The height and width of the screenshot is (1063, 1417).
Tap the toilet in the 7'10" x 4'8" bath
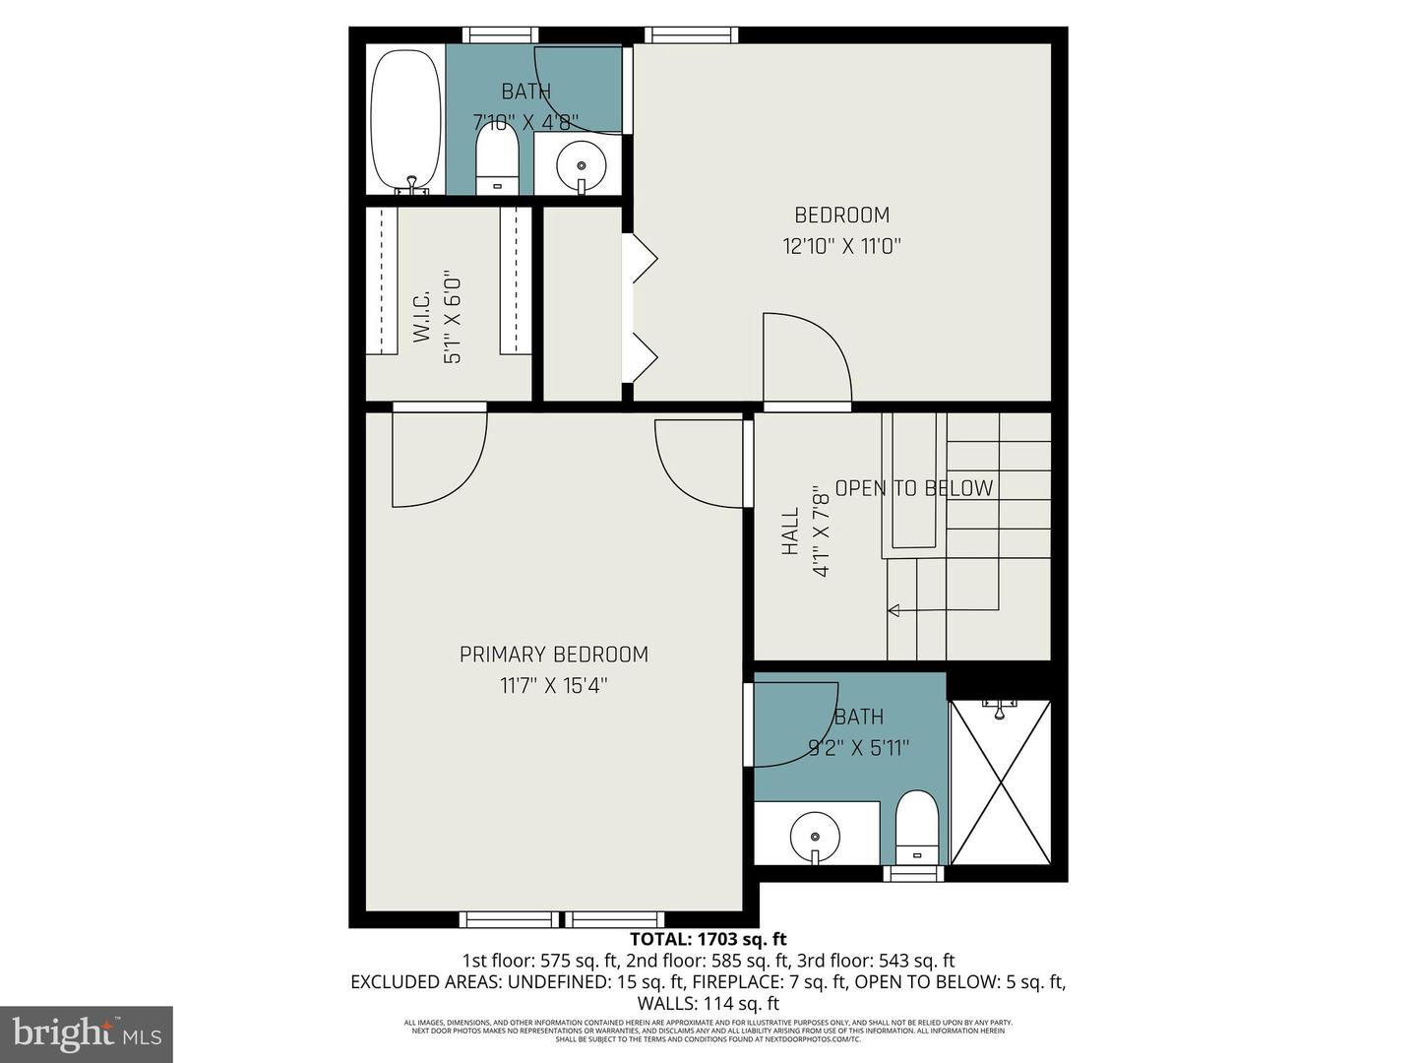tap(497, 162)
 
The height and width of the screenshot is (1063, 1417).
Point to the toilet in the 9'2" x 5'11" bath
tap(918, 826)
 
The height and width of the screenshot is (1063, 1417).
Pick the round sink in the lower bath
tap(815, 835)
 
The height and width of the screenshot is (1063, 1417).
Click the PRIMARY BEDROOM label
tap(554, 655)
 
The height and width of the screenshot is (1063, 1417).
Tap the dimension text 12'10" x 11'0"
tap(841, 246)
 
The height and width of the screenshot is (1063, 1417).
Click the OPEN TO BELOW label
tap(913, 488)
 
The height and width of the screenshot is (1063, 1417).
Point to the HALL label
tap(790, 531)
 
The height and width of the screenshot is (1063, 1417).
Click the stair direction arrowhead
tap(893, 610)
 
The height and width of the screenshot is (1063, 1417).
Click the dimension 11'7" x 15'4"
tap(554, 685)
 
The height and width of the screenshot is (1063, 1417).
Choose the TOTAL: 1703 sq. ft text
tap(708, 939)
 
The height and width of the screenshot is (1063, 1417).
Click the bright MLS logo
tap(87, 1033)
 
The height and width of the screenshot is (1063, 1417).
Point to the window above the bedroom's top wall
tap(691, 35)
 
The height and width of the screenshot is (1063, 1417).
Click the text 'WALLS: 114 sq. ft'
tap(708, 1004)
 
